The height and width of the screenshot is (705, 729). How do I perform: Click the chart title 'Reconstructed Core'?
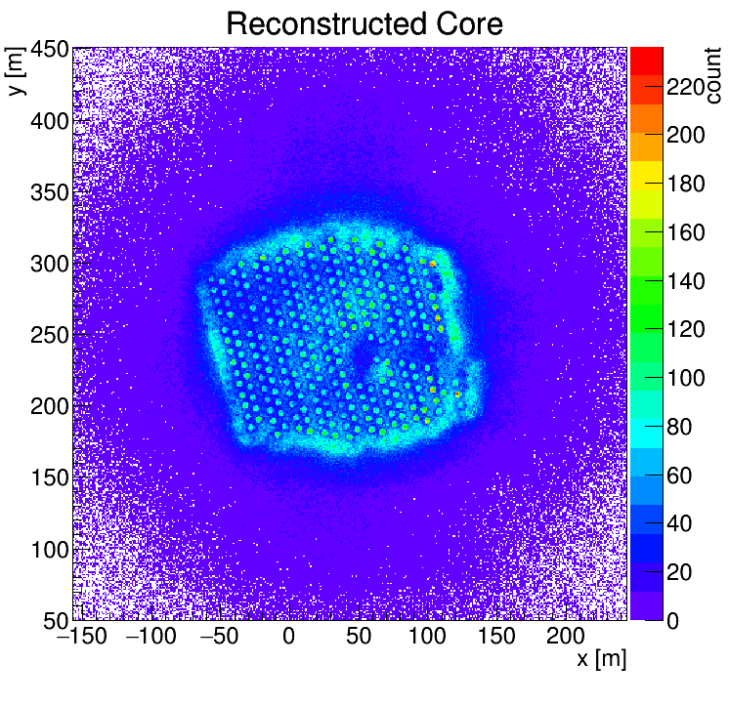pyautogui.click(x=364, y=23)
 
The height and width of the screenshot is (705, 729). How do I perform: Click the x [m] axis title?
pyautogui.click(x=599, y=659)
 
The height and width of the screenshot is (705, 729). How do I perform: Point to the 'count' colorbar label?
pyautogui.click(x=711, y=73)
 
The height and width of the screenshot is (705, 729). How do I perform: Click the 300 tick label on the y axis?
pyautogui.click(x=48, y=265)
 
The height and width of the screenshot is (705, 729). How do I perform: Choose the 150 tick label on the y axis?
pyautogui.click(x=48, y=478)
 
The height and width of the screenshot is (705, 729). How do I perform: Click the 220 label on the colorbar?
pyautogui.click(x=687, y=88)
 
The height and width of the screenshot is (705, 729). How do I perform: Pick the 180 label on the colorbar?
pyautogui.click(x=687, y=185)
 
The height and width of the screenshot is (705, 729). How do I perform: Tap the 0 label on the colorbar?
pyautogui.click(x=675, y=621)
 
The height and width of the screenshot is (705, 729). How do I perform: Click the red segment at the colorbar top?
pyautogui.click(x=646, y=58)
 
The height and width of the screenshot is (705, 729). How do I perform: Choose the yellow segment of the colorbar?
pyautogui.click(x=646, y=173)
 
